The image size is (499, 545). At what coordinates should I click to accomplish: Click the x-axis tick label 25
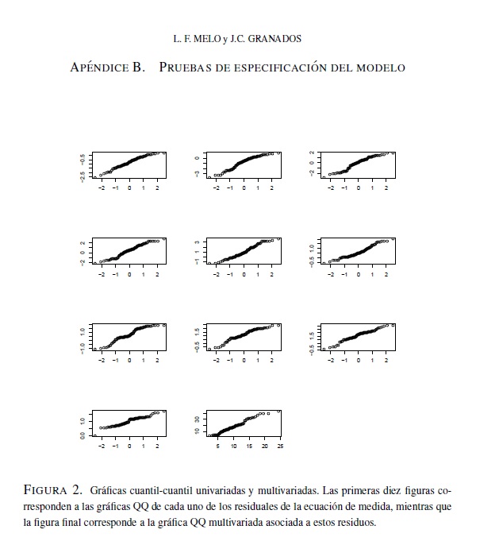click(x=280, y=447)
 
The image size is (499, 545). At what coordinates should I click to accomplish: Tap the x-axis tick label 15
click(x=249, y=447)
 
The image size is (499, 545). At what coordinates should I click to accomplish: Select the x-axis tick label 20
click(x=265, y=447)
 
